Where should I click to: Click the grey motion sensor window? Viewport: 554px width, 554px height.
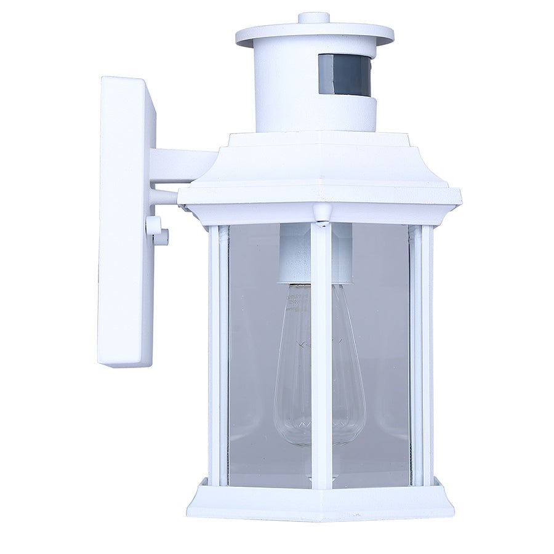pos(345,74)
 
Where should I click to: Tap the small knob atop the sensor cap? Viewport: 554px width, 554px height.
pos(314,17)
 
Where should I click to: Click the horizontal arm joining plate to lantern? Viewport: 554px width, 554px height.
pos(182,165)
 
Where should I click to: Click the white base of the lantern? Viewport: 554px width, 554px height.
pos(320,502)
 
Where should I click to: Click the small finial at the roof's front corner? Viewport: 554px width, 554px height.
pos(321,212)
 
